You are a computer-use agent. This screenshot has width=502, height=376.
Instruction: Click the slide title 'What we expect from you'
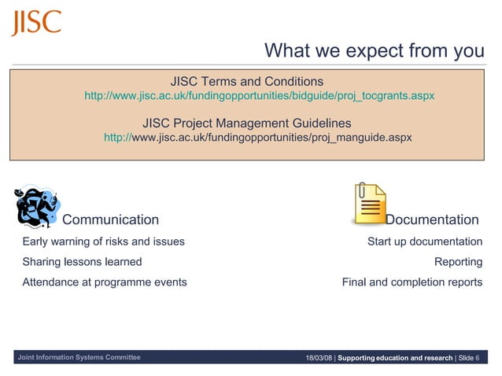(x=374, y=51)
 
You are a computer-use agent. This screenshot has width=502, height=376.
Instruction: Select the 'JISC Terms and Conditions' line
(x=246, y=82)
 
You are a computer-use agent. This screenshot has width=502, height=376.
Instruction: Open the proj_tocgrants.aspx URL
(x=259, y=96)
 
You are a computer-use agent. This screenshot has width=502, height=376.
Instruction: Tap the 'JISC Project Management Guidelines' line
(x=246, y=123)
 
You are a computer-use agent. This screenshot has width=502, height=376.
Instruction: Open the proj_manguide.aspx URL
(x=257, y=138)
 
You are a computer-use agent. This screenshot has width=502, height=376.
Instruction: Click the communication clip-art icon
(x=37, y=207)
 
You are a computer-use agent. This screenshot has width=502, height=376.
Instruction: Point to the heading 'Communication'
(x=110, y=220)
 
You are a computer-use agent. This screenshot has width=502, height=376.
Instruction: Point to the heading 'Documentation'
(x=431, y=220)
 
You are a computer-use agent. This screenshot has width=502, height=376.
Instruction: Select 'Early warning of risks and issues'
(x=103, y=241)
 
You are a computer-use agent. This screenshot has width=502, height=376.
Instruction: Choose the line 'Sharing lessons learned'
(x=82, y=262)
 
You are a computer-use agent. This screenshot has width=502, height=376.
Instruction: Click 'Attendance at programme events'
(x=105, y=282)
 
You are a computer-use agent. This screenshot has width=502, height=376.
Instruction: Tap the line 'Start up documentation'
(x=424, y=241)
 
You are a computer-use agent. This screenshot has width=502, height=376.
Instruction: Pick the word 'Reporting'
(x=458, y=262)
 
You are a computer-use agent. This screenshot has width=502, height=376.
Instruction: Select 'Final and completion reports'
(x=412, y=282)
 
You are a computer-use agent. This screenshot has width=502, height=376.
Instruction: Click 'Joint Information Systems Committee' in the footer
(x=79, y=358)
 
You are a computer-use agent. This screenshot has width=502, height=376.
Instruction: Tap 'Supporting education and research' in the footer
(x=395, y=359)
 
